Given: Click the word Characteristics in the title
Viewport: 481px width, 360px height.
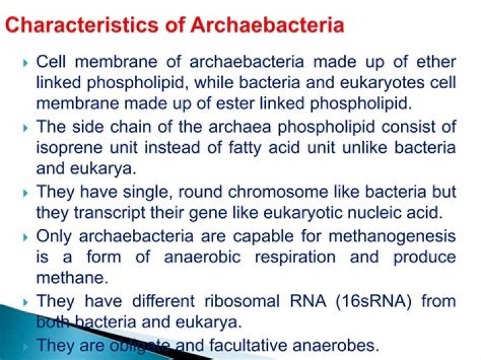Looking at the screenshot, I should [92, 26].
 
